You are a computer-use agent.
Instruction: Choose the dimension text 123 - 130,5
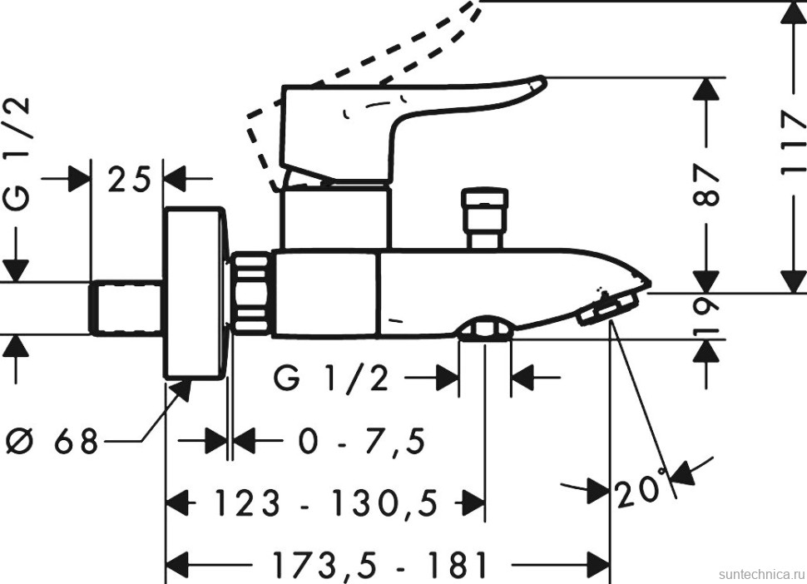325,502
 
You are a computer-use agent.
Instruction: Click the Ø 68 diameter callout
52,440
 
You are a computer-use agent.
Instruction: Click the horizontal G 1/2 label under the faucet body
331,380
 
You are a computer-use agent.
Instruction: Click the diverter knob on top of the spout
484,218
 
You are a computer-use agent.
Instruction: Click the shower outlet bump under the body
484,329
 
